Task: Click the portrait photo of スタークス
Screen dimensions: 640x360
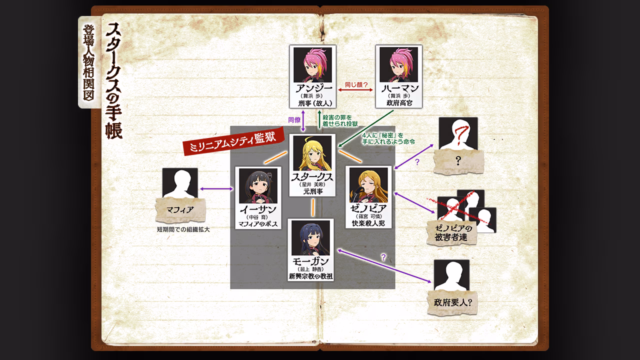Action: (x=312, y=153)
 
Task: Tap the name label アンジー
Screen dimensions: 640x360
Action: (x=313, y=88)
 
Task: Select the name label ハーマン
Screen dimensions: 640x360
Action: (x=399, y=88)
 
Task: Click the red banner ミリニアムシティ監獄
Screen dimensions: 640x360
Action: (x=233, y=141)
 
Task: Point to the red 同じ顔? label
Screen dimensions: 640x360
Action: (x=355, y=85)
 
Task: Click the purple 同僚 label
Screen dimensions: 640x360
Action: (x=294, y=120)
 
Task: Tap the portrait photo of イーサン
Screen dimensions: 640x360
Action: (x=258, y=186)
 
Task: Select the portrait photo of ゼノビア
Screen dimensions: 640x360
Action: (x=368, y=185)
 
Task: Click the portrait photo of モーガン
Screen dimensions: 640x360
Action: (x=310, y=238)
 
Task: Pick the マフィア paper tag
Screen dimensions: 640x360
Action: (x=180, y=210)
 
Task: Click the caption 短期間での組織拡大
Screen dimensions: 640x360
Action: (x=183, y=229)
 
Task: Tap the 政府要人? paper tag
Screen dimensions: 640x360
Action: (x=452, y=302)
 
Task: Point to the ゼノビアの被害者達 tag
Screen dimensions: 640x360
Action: (x=451, y=233)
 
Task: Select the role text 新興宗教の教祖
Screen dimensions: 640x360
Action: (x=310, y=276)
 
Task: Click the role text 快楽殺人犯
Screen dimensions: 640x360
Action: (x=368, y=223)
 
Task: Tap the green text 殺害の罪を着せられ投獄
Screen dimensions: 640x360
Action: (x=340, y=120)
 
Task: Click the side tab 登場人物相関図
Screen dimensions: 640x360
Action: (x=89, y=62)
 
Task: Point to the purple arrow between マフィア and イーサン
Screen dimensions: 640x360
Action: (x=216, y=188)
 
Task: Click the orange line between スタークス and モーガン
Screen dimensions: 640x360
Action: (x=313, y=207)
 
